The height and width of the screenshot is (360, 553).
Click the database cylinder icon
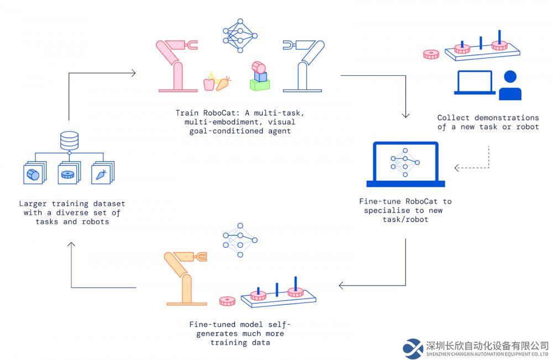coord(69,140)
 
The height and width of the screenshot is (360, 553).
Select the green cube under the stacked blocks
coord(260,85)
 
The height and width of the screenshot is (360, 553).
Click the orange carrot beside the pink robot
coord(223,84)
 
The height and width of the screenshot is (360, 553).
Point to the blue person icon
coord(510,86)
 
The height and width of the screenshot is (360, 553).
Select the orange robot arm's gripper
coord(201,257)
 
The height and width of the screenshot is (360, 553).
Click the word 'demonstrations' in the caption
coord(507,118)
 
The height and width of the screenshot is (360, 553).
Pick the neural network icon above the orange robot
coord(240,240)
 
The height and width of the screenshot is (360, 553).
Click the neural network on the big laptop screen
coord(405,163)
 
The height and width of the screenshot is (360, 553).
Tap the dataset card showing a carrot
coord(102,173)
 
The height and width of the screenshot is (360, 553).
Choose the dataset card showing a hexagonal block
coord(34,173)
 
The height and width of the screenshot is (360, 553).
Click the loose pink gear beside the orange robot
coord(227,301)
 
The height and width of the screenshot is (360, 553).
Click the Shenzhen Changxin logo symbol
coord(413,349)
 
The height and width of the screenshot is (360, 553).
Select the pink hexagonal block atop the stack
coord(258,67)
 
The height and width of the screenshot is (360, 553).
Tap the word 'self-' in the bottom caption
coord(279,325)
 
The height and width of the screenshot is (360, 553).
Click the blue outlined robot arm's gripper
coord(289,45)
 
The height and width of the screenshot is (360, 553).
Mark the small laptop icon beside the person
coord(474,83)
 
